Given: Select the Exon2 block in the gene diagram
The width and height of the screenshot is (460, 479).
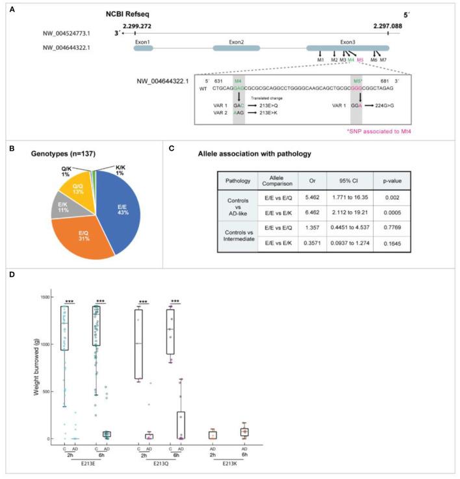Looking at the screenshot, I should click(x=236, y=47).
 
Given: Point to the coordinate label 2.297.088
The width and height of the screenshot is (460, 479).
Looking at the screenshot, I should click(x=387, y=25).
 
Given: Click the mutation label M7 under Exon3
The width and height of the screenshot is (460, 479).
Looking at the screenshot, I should click(x=383, y=60).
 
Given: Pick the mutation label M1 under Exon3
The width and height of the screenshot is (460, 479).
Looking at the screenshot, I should click(x=321, y=60).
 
